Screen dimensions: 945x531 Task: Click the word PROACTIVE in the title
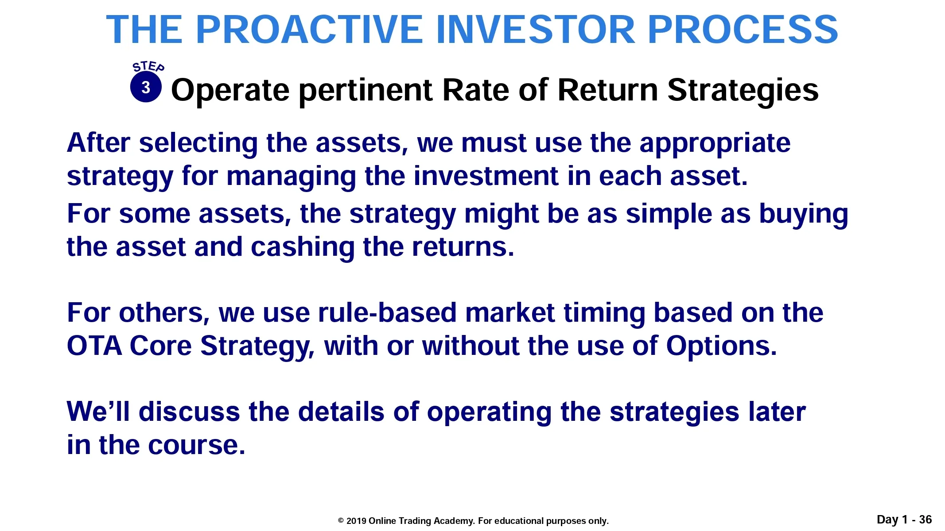(x=309, y=30)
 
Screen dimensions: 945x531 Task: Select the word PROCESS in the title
(x=743, y=30)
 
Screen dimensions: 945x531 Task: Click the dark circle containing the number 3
(x=146, y=87)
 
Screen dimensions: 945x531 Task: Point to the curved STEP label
(x=148, y=66)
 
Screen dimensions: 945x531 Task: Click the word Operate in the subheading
(x=230, y=91)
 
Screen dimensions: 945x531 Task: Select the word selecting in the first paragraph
(x=198, y=144)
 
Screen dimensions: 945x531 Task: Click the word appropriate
(x=715, y=144)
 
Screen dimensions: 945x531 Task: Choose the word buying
(x=804, y=215)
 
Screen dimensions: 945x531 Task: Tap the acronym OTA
(x=94, y=346)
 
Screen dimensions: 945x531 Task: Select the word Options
(x=722, y=346)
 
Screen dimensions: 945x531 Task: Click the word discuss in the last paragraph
(x=189, y=412)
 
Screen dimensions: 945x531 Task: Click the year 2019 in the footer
(x=356, y=521)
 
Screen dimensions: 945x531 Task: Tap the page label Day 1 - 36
(x=904, y=519)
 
